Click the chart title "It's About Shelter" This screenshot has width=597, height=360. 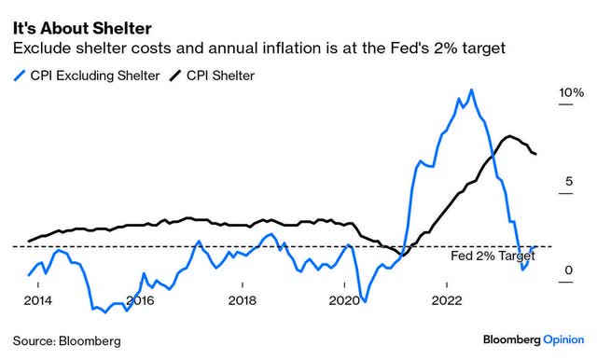[x=81, y=16]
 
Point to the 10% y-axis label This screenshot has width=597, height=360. [x=571, y=93]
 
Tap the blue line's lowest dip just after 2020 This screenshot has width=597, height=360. [x=365, y=301]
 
